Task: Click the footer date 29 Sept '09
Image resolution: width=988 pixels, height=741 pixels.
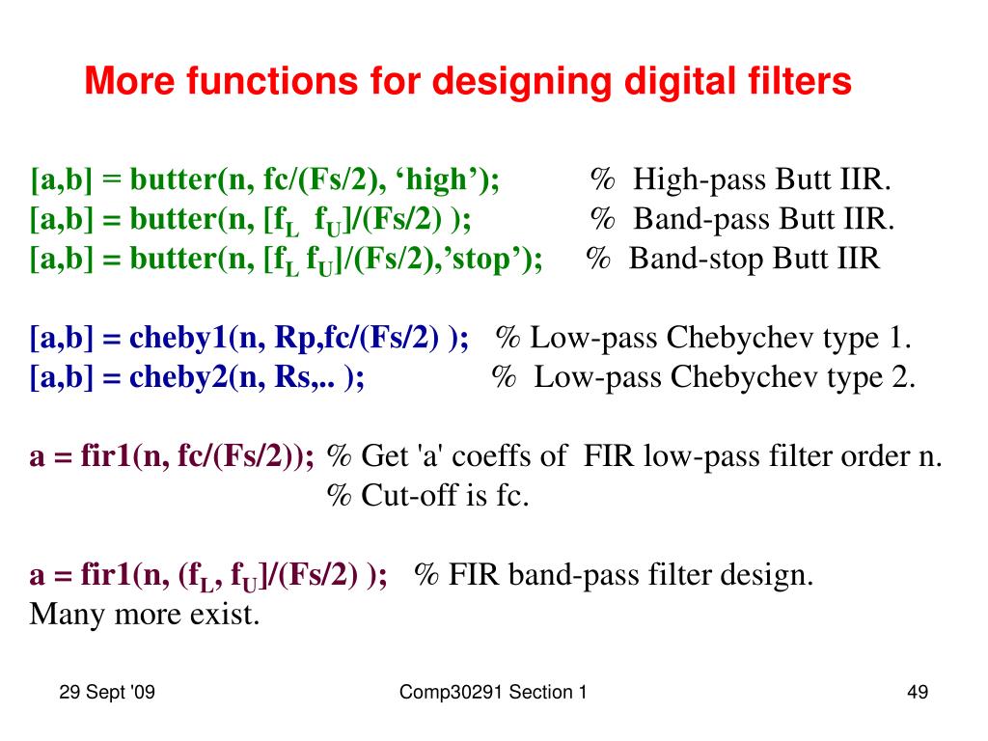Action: [107, 692]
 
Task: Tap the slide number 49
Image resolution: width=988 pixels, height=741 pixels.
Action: [917, 692]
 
